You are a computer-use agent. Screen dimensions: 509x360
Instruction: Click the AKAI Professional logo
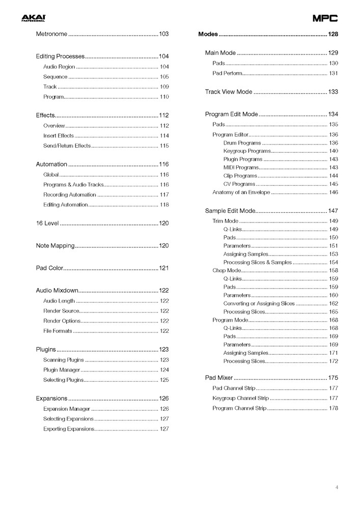click(x=33, y=18)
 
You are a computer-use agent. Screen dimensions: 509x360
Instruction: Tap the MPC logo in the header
click(x=325, y=19)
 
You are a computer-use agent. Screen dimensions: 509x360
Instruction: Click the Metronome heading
click(x=51, y=34)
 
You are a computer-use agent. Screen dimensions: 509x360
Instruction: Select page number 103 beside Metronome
click(x=163, y=34)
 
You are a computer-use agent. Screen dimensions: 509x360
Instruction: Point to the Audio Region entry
click(x=59, y=67)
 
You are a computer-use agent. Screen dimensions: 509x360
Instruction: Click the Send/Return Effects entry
click(x=67, y=146)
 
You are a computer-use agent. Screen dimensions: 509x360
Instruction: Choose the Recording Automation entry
click(x=69, y=194)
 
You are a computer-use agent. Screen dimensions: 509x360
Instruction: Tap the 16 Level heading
click(x=47, y=223)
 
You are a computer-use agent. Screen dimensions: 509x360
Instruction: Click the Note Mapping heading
click(x=55, y=246)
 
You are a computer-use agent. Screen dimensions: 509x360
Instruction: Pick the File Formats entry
click(x=58, y=331)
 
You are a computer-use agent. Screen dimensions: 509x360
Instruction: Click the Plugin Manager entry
click(x=62, y=370)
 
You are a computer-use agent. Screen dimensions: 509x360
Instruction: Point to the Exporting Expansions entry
click(x=68, y=429)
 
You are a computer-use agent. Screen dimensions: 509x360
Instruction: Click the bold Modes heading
click(x=208, y=34)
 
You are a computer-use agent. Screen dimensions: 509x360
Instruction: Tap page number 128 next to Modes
click(x=333, y=34)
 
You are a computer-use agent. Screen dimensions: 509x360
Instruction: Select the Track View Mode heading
click(x=228, y=92)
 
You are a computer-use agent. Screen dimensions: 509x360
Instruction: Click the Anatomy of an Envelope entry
click(x=241, y=192)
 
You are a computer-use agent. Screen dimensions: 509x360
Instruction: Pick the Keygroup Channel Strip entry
click(x=240, y=398)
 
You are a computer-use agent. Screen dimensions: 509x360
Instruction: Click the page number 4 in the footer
click(x=337, y=488)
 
